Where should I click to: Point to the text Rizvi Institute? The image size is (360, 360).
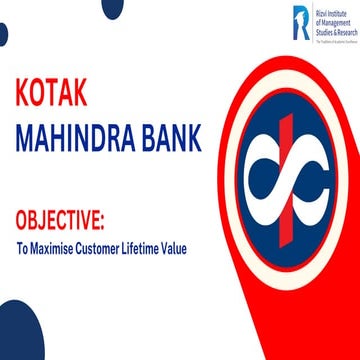[x=329, y=12]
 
